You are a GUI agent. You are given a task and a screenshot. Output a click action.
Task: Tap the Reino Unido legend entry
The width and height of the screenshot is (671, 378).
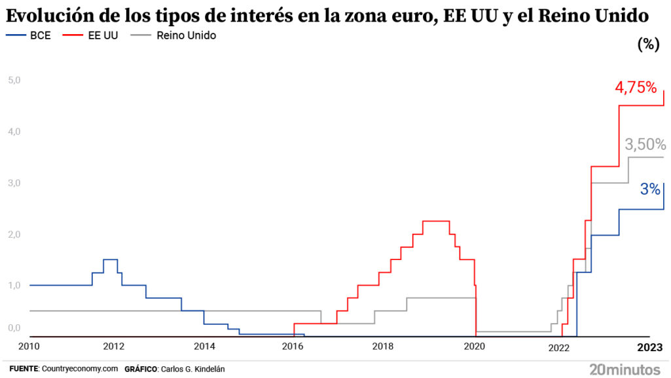point(186,35)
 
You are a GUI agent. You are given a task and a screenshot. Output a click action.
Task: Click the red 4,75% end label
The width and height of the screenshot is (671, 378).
point(635,87)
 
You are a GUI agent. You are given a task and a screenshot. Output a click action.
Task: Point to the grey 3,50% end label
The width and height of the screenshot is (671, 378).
point(645,144)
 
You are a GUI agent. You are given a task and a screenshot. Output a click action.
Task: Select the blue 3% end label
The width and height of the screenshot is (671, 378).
point(650,190)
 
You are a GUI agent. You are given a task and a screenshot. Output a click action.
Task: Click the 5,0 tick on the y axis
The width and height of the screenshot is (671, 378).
point(14,81)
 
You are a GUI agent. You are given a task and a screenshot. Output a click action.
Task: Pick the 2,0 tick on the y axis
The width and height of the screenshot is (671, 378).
point(14,235)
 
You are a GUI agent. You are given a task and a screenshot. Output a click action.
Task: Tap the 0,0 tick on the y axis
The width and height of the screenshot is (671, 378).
point(14,328)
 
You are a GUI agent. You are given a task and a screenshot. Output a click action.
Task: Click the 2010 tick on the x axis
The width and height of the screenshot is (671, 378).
point(29,347)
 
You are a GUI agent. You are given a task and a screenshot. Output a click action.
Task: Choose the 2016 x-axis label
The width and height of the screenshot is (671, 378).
point(293,347)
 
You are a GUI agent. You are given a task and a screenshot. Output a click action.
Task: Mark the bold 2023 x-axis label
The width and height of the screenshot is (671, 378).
point(652,347)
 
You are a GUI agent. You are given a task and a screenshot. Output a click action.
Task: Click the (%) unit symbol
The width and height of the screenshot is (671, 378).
point(647,45)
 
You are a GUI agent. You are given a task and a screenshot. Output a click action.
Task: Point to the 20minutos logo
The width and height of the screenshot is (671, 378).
point(626,368)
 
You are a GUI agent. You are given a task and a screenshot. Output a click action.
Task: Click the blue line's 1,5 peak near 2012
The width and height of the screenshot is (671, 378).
point(111,259)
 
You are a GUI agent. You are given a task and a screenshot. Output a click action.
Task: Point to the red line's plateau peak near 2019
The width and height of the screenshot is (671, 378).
point(435,221)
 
